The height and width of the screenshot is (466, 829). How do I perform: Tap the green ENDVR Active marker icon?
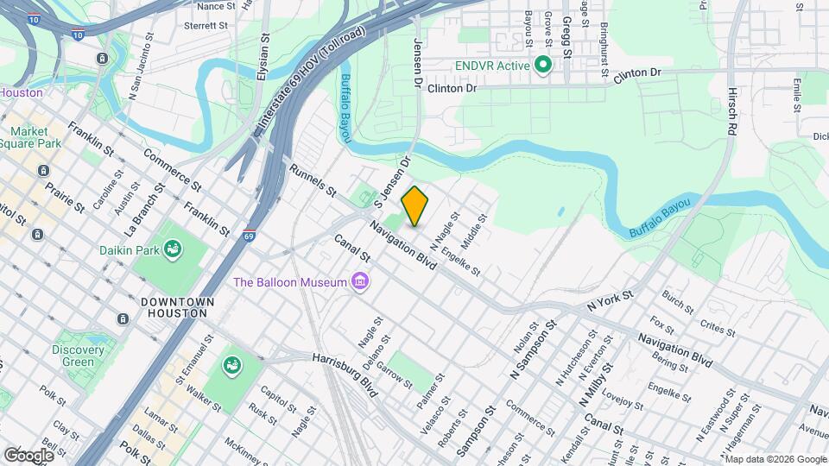point(543,66)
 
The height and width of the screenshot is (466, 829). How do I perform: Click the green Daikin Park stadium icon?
point(173,250)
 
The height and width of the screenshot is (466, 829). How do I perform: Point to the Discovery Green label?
point(78,356)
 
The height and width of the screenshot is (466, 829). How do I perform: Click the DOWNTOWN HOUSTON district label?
point(177,308)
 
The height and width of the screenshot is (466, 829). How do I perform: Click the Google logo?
point(28,455)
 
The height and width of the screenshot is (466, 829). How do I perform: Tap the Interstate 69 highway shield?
point(249,236)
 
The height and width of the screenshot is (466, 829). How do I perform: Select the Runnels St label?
point(312,179)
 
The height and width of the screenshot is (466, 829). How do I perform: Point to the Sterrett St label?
point(206,26)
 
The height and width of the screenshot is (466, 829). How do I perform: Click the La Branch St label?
point(144,211)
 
